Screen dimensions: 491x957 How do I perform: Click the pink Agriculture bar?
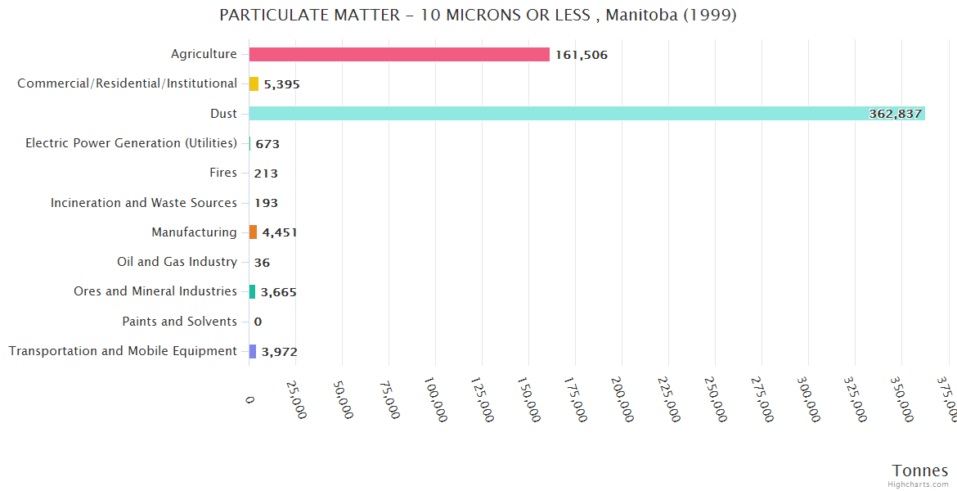click(399, 54)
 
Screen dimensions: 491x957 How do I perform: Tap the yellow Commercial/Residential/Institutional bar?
click(254, 83)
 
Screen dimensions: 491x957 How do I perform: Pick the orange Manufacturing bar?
click(253, 232)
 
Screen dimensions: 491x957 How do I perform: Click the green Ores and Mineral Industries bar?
click(252, 291)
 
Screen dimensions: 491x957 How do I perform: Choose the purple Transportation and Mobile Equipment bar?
click(253, 351)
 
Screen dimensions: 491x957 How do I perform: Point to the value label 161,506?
click(581, 55)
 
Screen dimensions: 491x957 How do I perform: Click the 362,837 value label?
click(895, 114)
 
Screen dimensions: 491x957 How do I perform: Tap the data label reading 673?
click(267, 144)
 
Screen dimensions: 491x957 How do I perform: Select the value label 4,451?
click(279, 232)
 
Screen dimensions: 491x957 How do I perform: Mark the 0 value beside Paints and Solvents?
click(258, 322)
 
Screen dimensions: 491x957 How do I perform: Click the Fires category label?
click(223, 173)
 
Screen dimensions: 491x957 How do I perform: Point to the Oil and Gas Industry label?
click(177, 262)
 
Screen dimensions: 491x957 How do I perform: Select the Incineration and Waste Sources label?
click(143, 202)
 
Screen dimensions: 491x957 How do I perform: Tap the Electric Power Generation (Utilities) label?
click(131, 143)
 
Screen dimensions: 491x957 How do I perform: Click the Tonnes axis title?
click(919, 471)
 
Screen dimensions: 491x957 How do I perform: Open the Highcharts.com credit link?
click(919, 484)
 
